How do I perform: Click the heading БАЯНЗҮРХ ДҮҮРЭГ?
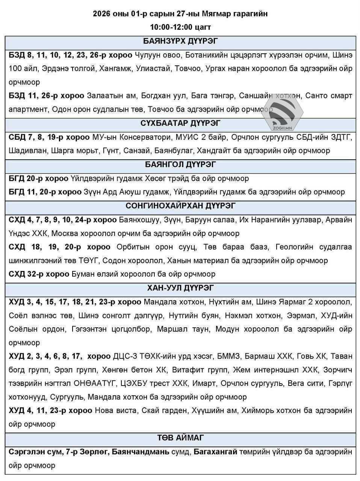(180, 41)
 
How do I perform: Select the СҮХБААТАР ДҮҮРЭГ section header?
(180, 123)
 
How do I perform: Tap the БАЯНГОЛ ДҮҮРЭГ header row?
(180, 165)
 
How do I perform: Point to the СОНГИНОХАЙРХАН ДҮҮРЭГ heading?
(180, 206)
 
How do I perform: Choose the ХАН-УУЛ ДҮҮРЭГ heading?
(180, 288)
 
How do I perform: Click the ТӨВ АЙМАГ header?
(180, 438)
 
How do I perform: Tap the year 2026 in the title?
(101, 14)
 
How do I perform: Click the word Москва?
(64, 233)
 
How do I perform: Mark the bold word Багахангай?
(215, 452)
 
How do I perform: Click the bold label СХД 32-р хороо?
(39, 274)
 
